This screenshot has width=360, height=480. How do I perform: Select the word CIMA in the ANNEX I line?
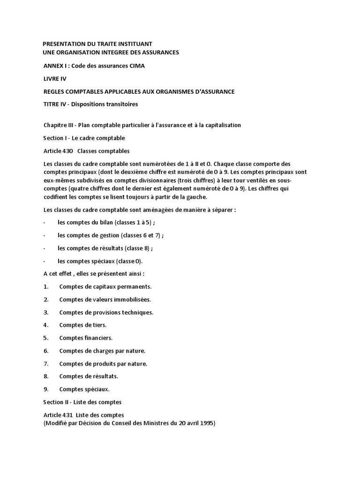136,66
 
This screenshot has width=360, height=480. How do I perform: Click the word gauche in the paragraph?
175,197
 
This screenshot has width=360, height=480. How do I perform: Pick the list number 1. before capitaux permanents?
46,286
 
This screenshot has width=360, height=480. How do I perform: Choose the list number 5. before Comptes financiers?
46,337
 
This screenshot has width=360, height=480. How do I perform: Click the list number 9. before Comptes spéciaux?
46,389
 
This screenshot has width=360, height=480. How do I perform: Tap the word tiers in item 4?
99,325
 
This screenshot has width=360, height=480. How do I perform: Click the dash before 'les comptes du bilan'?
44,223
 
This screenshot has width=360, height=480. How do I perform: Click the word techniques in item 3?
138,312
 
